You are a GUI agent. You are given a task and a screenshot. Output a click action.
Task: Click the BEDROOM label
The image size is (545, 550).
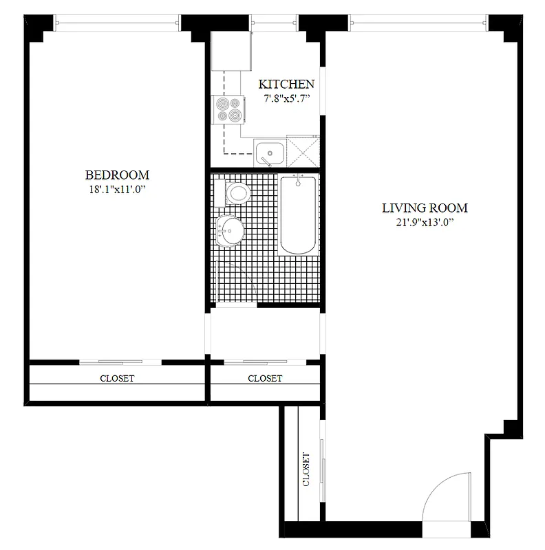click(117, 175)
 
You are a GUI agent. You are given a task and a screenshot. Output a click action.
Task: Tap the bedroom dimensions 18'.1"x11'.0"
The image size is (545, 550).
click(117, 189)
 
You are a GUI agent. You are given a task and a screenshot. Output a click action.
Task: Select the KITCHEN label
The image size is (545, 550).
click(286, 85)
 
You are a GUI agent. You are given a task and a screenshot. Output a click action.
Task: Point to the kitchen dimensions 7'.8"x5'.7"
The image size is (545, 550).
click(286, 98)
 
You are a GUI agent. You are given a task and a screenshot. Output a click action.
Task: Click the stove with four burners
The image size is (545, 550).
click(229, 109)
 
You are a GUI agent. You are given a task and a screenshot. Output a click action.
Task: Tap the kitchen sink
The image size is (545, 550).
click(269, 152)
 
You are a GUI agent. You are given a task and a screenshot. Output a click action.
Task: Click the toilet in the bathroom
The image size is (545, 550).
click(235, 192)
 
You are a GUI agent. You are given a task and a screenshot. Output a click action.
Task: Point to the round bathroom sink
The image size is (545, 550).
click(229, 229)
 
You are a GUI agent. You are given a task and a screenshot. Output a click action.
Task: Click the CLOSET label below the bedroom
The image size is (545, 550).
click(117, 378)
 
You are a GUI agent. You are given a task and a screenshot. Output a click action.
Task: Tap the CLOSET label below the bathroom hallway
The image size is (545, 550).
click(265, 378)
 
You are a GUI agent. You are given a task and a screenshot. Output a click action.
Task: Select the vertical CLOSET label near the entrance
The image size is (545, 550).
click(306, 469)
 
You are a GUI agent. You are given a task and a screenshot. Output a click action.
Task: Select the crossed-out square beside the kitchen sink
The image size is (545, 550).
click(303, 152)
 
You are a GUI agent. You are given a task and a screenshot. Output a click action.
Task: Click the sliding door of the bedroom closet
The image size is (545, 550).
click(120, 362)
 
